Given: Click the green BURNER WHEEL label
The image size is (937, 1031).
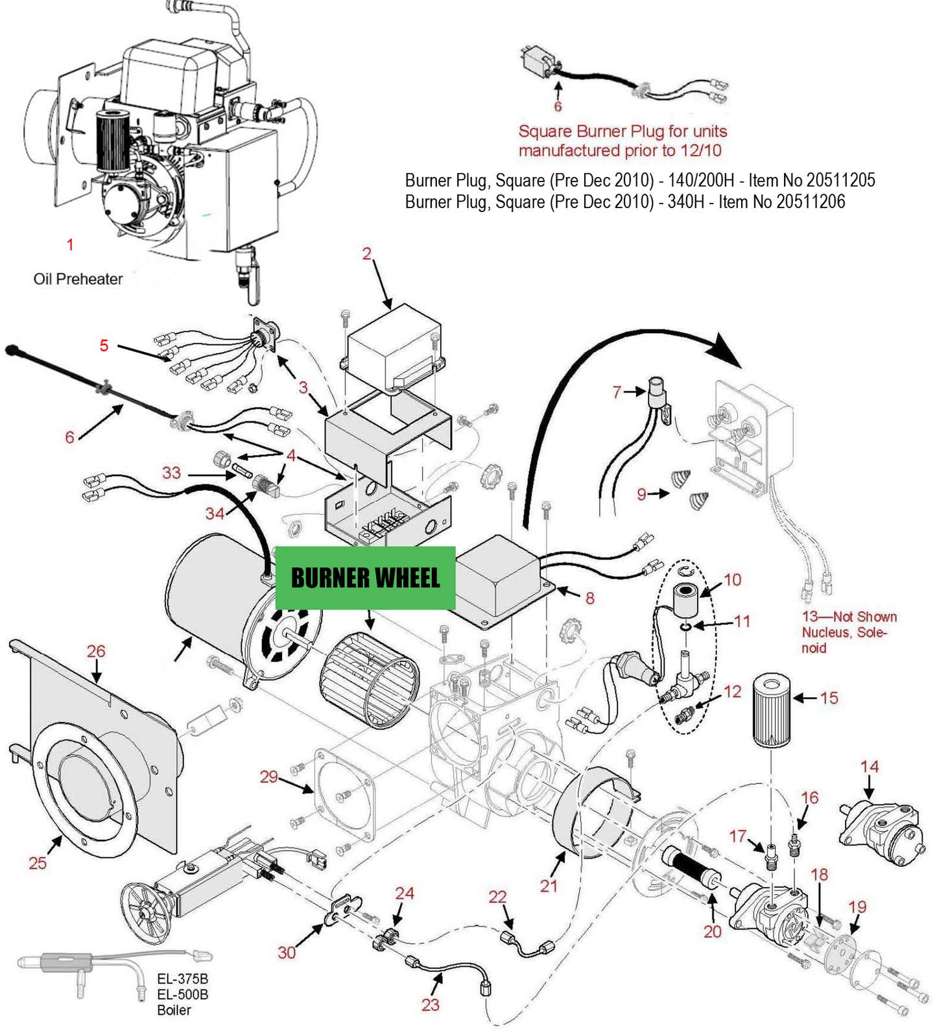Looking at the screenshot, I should click(x=365, y=578).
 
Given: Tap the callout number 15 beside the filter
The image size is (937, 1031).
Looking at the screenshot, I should click(x=829, y=698).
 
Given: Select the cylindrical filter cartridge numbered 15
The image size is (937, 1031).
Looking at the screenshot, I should click(x=771, y=711).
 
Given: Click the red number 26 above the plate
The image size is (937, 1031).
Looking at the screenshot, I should click(x=96, y=651).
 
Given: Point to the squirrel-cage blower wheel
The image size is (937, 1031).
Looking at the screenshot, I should click(x=370, y=681).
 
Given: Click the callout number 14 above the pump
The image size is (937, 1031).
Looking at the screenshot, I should click(x=869, y=766).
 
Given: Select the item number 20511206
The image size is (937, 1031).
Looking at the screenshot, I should click(x=811, y=202).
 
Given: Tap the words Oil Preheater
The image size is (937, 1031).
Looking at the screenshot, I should click(x=78, y=279).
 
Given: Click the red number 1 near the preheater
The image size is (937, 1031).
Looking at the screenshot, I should click(x=70, y=244).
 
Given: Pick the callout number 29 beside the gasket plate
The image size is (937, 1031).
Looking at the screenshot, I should click(x=268, y=776).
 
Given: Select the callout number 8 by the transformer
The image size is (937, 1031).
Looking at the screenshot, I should click(x=589, y=598).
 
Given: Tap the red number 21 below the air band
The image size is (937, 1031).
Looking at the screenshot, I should click(x=549, y=886).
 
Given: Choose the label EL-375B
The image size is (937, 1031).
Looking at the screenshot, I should click(x=182, y=978).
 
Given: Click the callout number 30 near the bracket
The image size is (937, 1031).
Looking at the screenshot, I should click(x=287, y=952).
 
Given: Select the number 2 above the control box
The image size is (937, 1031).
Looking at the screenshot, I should click(x=367, y=254).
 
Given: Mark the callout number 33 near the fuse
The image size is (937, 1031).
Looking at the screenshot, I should click(x=171, y=472).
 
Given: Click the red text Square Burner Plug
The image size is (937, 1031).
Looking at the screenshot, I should click(x=622, y=132).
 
